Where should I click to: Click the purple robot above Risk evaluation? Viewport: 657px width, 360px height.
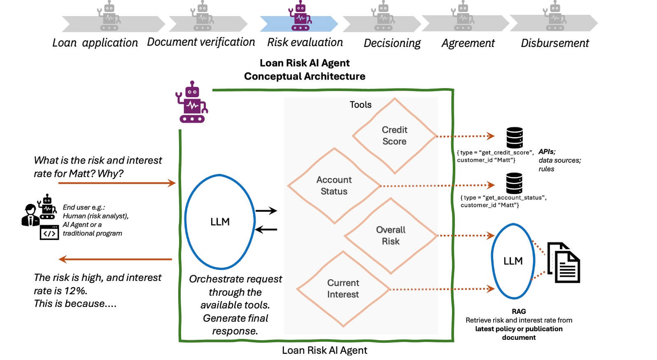click(x=301, y=16)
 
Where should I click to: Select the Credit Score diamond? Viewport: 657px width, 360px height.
click(x=394, y=136)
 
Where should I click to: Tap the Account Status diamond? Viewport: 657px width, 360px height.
click(x=334, y=186)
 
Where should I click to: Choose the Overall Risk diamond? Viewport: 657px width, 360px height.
click(x=390, y=236)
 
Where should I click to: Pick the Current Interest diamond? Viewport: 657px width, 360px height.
click(x=343, y=289)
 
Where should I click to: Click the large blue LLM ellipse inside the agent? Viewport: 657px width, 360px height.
click(x=220, y=222)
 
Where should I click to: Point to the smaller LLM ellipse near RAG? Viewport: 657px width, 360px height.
click(x=513, y=261)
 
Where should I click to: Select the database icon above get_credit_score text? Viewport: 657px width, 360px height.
click(x=515, y=138)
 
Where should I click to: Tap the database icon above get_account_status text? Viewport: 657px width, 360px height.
click(x=514, y=183)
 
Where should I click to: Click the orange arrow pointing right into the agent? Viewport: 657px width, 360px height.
click(x=117, y=183)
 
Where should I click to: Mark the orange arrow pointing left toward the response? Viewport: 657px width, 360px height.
click(x=115, y=259)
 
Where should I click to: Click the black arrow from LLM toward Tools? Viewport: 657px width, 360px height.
click(x=266, y=211)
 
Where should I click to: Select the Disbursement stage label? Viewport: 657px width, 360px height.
click(x=554, y=43)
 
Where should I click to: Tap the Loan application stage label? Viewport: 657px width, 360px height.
click(x=95, y=43)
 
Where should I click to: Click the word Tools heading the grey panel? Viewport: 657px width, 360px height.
click(x=360, y=105)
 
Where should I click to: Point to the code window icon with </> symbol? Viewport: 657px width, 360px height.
click(x=49, y=233)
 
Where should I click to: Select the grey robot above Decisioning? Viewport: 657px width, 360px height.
click(x=383, y=16)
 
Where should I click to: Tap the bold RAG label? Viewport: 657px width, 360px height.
click(x=519, y=311)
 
